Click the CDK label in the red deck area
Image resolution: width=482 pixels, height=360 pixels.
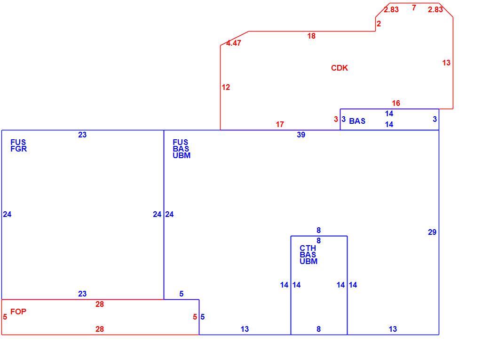(x=340, y=68)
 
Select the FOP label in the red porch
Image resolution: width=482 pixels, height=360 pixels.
(x=18, y=312)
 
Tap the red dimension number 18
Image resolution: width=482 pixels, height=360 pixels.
(x=311, y=36)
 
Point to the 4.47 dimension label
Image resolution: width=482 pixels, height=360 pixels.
(x=234, y=43)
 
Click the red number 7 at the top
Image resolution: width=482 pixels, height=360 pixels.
(x=414, y=8)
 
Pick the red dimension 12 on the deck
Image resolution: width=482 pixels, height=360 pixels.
(x=226, y=88)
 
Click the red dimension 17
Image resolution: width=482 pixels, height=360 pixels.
(x=280, y=124)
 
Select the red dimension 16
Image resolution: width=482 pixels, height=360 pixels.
(x=396, y=103)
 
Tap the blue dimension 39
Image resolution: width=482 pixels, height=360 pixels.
(x=301, y=135)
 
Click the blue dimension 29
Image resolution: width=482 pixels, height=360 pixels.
(x=432, y=232)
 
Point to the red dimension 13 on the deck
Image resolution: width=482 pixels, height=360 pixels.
(x=446, y=63)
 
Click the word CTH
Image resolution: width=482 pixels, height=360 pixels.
(x=308, y=248)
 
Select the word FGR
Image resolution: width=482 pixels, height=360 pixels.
(x=19, y=149)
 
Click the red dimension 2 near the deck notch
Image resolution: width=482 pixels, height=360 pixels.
(x=379, y=24)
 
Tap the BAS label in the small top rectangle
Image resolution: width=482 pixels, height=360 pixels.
(x=357, y=121)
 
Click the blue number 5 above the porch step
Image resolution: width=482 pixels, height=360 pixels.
(x=182, y=294)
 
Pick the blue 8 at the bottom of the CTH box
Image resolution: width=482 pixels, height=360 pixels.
(x=319, y=329)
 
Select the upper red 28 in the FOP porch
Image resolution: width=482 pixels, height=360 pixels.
(x=100, y=304)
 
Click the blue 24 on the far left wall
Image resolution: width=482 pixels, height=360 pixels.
(x=7, y=215)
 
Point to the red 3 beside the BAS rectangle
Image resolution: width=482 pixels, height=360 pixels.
(x=336, y=119)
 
